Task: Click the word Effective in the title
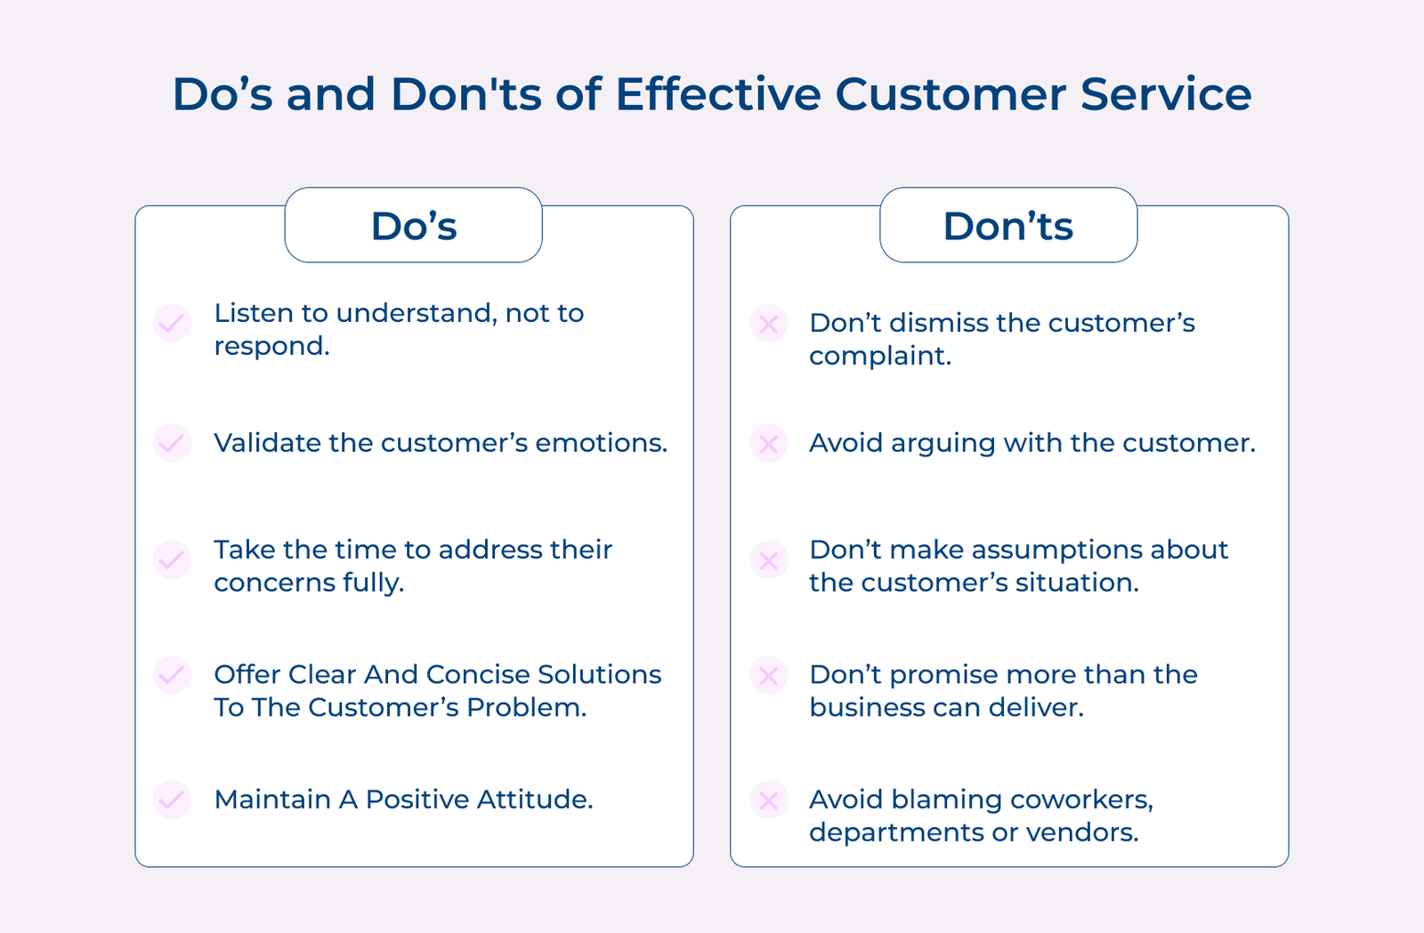(718, 94)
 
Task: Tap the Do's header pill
(413, 225)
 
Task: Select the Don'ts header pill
(1008, 225)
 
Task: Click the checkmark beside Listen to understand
(173, 323)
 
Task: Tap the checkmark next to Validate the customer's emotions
(173, 443)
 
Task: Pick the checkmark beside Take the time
(173, 559)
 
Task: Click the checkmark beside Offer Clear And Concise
(173, 674)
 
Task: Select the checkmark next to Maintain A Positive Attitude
(173, 800)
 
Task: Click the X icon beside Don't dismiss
(769, 323)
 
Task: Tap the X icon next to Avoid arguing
(769, 443)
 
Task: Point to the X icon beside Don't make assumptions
(769, 559)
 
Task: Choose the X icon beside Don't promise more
(769, 674)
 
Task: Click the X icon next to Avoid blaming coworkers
(769, 800)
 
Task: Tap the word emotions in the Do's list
(602, 443)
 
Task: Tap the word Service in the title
(1166, 94)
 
